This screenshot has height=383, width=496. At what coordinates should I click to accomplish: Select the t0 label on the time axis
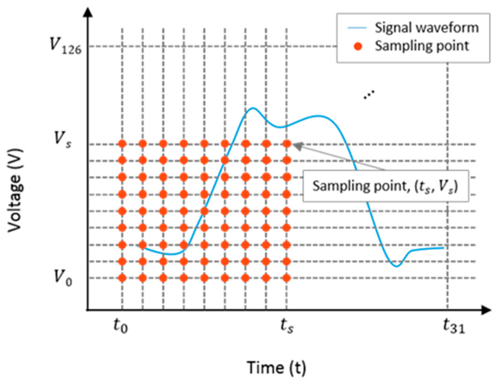point(121,326)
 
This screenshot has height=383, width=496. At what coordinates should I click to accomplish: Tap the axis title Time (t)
point(276,367)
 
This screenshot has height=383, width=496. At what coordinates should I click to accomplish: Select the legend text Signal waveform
point(427,28)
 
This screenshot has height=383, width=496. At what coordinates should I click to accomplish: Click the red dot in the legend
point(358,46)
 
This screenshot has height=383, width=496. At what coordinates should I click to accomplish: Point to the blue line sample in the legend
point(357,28)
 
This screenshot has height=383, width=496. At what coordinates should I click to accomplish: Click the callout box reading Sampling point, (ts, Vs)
point(385,186)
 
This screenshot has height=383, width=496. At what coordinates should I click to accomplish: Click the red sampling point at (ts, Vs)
point(287,144)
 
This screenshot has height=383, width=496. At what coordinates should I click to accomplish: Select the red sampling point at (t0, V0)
point(122,278)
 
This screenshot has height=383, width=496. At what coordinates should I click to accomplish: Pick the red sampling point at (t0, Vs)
point(122,144)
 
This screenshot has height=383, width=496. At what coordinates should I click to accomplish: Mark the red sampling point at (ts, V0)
point(287,278)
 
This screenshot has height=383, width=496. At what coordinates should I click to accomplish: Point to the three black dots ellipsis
point(369,94)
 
